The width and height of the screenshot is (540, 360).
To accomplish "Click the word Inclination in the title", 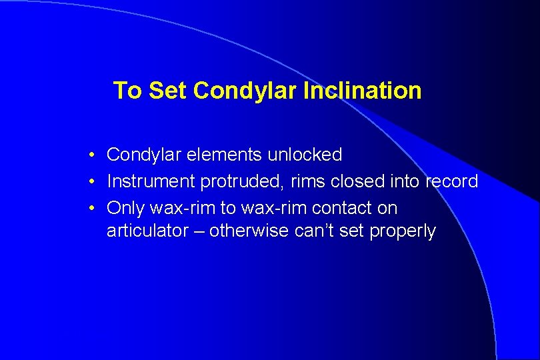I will pyautogui.click(x=362, y=91).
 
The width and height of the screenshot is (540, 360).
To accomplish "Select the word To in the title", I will pyautogui.click(x=128, y=91).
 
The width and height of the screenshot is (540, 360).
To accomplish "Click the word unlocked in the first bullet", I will pyautogui.click(x=305, y=155).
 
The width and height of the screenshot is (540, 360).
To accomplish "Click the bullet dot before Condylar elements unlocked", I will pyautogui.click(x=92, y=155).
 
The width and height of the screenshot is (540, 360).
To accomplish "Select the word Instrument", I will pyautogui.click(x=151, y=181).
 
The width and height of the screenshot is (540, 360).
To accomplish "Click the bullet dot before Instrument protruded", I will pyautogui.click(x=92, y=182).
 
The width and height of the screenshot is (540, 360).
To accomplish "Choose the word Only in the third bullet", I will pyautogui.click(x=126, y=208).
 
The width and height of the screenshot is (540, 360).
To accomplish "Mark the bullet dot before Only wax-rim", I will pyautogui.click(x=92, y=209).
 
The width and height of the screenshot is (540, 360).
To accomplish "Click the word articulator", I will pyautogui.click(x=155, y=231).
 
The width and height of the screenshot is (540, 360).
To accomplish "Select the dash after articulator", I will pyautogui.click(x=216, y=232).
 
